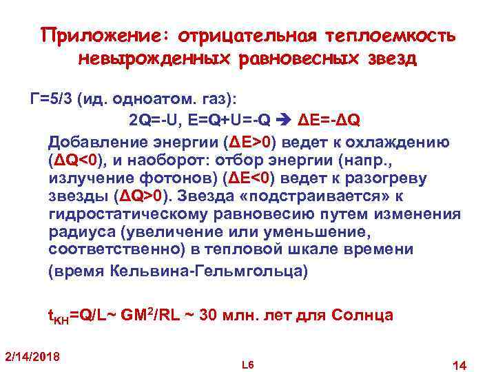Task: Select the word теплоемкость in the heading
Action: pos(386,34)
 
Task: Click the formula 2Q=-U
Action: pos(152,122)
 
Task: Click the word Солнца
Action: pos(363,316)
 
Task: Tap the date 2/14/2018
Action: pos(32,356)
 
